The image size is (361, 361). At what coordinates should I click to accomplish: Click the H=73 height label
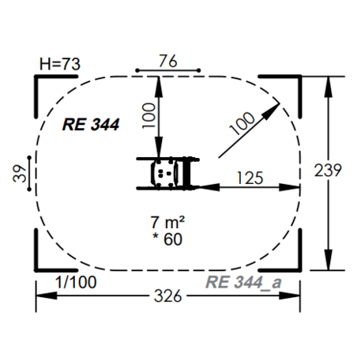click(60, 64)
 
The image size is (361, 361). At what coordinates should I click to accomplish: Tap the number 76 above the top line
click(168, 61)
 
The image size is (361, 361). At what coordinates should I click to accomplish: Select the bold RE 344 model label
click(91, 125)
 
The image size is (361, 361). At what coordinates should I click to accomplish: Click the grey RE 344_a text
click(243, 283)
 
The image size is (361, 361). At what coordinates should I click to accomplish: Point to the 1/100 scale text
click(76, 282)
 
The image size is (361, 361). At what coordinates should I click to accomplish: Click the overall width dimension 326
click(168, 295)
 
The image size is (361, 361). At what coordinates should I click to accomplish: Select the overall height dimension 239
click(328, 170)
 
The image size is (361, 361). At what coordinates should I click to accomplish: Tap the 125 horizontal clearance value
click(250, 178)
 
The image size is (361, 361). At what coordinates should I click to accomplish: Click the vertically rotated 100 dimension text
click(149, 115)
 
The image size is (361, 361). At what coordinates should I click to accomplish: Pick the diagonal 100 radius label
click(243, 123)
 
